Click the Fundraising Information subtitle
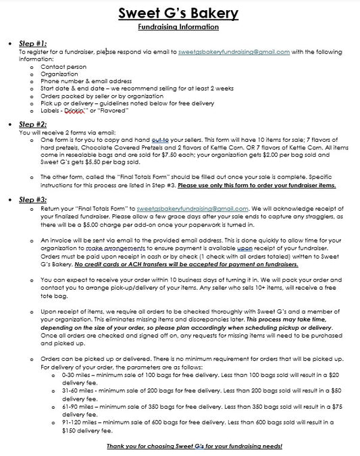(180, 27)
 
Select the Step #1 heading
(32, 43)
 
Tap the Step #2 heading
(32, 124)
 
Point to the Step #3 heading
(32, 200)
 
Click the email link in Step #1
(234, 51)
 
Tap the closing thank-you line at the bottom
(194, 447)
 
